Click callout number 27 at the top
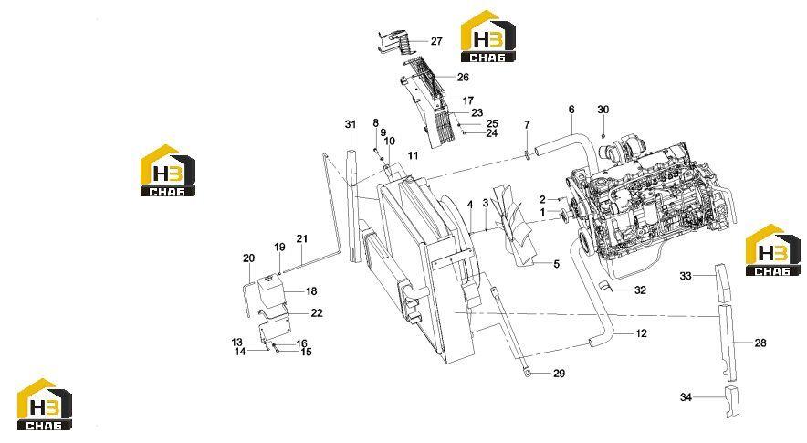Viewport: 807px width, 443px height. click(436, 41)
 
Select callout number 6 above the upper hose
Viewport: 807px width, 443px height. click(571, 110)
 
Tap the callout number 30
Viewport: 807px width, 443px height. click(603, 110)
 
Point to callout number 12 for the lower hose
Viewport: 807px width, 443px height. click(641, 333)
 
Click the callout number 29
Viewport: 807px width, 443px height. click(560, 374)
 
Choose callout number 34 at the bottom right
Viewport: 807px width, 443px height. click(686, 397)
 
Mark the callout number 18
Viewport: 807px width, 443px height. click(311, 291)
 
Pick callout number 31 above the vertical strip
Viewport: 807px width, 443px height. click(351, 124)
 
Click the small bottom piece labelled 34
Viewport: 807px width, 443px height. click(731, 401)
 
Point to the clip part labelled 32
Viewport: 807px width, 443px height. click(603, 286)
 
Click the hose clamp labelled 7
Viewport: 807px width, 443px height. click(527, 153)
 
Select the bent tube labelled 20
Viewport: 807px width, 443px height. click(246, 298)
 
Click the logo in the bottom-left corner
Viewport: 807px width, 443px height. click(44, 405)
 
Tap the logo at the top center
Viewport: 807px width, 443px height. click(487, 37)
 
